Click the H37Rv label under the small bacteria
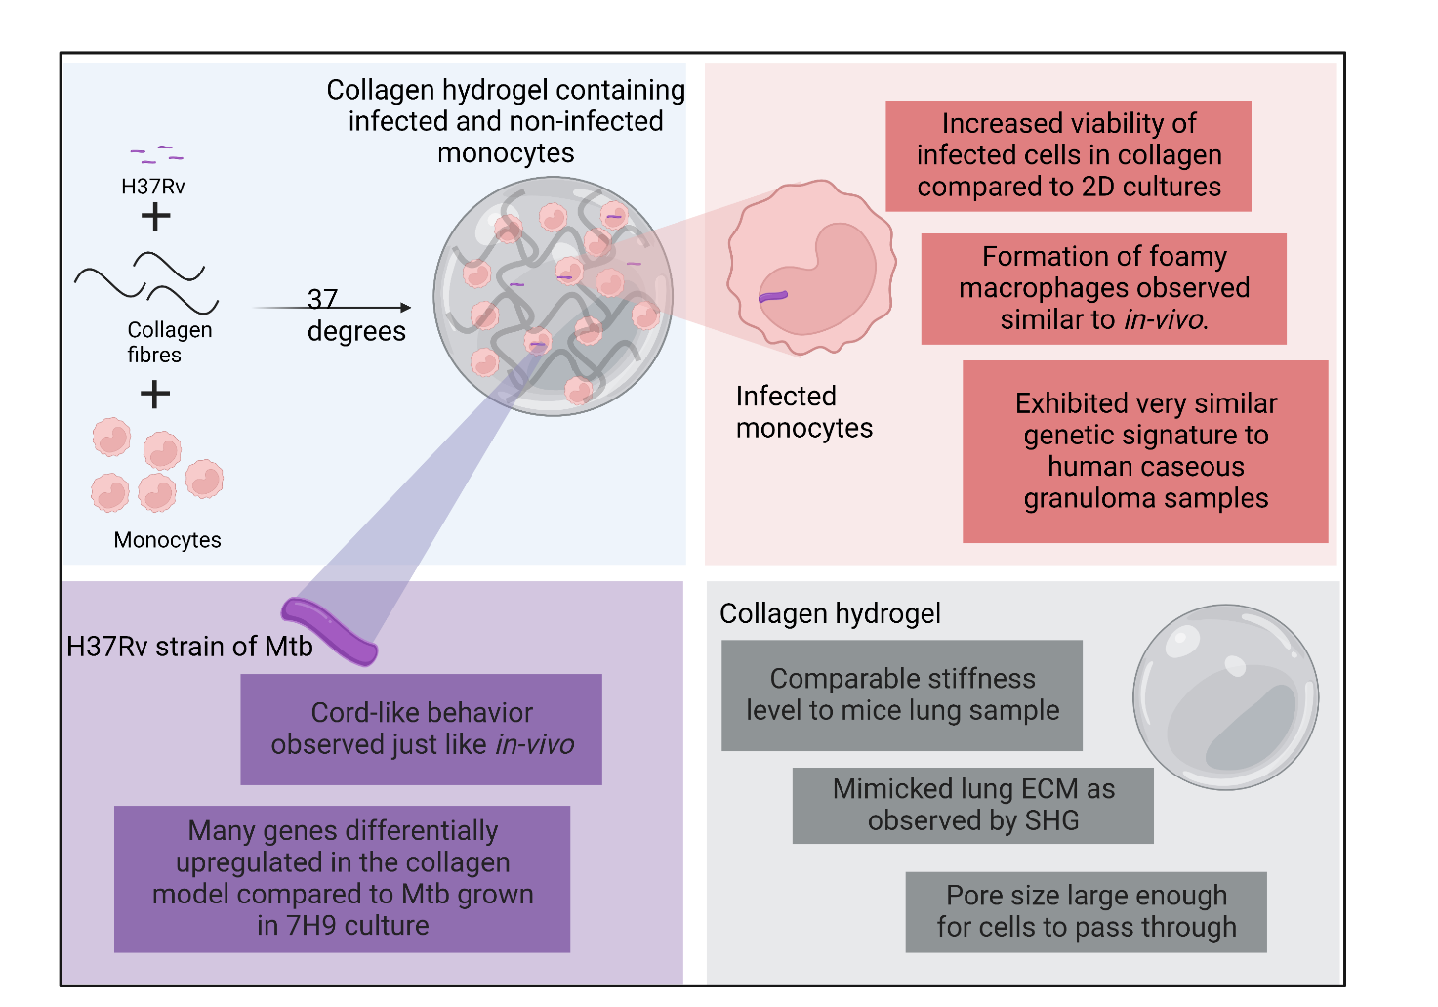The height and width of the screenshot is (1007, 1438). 153,187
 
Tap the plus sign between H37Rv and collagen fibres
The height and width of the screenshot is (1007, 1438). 155,217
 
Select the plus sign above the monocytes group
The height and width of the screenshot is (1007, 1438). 155,395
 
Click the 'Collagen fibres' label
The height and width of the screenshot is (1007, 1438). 169,342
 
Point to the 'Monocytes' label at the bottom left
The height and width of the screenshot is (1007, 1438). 167,540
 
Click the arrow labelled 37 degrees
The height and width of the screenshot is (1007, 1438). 332,308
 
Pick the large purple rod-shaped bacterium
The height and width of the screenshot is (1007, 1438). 329,632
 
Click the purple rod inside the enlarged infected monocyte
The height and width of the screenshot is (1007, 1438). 773,296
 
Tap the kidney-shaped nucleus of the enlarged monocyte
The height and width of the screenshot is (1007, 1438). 825,278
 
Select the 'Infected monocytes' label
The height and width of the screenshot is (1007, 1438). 803,412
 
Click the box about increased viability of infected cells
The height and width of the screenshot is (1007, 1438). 1068,155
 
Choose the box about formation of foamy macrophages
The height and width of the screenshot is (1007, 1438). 1103,288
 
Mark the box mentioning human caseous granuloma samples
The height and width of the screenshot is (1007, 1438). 1145,451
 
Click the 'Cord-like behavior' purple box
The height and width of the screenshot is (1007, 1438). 421,729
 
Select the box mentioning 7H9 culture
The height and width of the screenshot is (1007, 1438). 342,878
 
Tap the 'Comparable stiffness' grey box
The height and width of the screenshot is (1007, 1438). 901,694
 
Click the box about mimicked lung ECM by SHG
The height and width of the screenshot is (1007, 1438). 972,805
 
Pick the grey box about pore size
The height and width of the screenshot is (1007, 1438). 1086,911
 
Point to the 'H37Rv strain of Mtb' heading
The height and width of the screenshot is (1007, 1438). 189,647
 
